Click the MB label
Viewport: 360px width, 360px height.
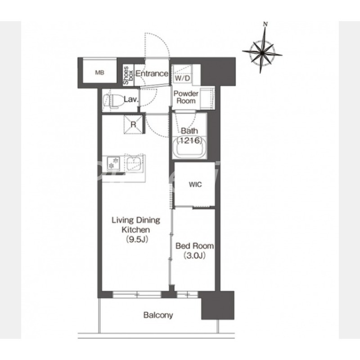[x=99, y=73]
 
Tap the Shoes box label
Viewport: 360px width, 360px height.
[x=128, y=75]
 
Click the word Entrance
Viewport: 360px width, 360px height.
[x=152, y=74]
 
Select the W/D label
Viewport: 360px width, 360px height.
[x=183, y=78]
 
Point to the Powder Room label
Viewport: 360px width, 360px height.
[x=186, y=97]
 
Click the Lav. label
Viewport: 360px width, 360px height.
[x=131, y=99]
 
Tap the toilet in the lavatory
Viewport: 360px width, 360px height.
[x=112, y=101]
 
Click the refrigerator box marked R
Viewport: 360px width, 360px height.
[x=133, y=125]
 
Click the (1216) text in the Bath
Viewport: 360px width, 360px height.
[x=189, y=140]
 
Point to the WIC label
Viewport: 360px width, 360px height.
[x=195, y=184]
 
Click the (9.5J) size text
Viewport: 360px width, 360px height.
[x=136, y=239]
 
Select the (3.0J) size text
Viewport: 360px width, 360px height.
[x=194, y=256]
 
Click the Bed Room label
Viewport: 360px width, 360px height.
[x=194, y=246]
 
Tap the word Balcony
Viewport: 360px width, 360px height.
[x=158, y=315]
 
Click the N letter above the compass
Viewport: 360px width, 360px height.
[x=265, y=24]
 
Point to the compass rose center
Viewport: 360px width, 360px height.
[x=262, y=53]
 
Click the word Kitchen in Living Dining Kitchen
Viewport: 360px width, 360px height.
[x=136, y=229]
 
